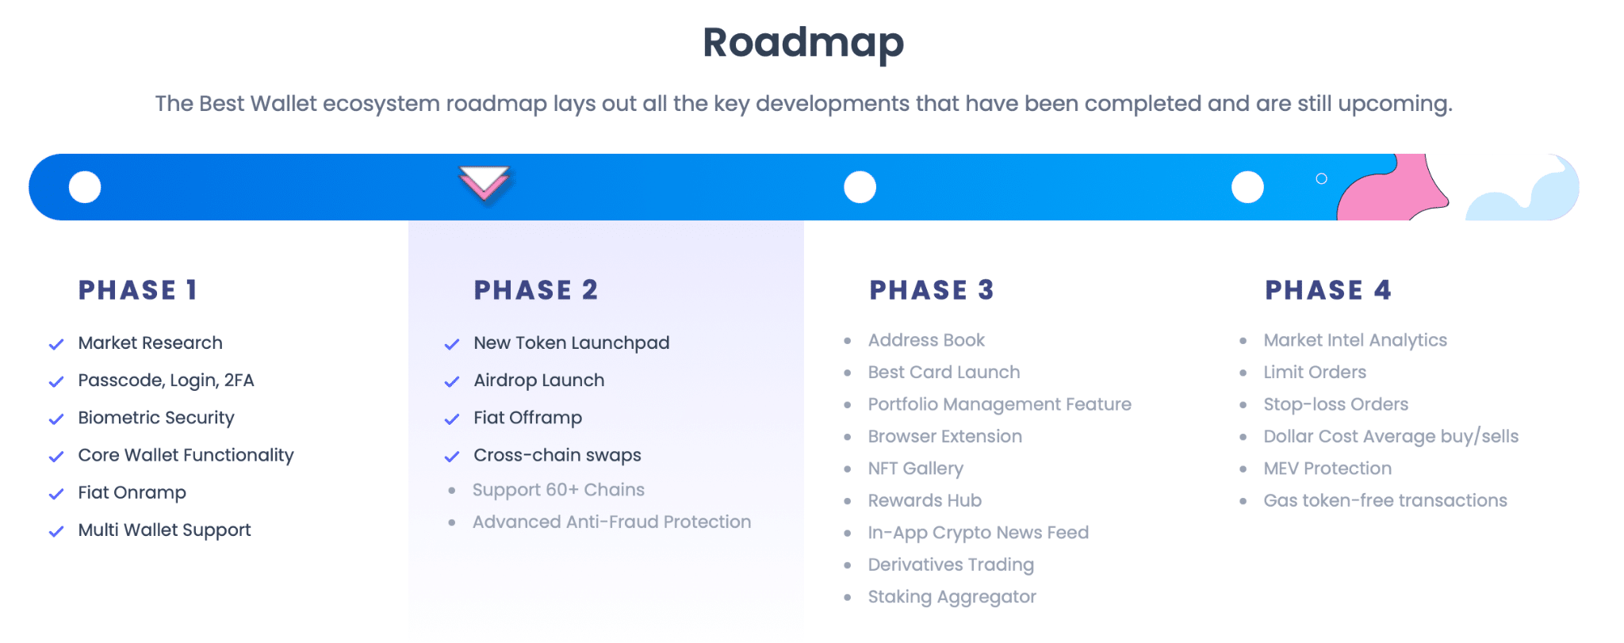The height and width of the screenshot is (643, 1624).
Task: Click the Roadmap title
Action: pos(803,43)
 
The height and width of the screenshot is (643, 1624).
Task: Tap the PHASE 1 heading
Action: pos(137,290)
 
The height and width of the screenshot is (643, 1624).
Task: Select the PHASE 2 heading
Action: pos(536,290)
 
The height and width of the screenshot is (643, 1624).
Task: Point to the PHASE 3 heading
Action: pos(932,290)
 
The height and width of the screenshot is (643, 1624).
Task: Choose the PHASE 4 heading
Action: pos(1328,290)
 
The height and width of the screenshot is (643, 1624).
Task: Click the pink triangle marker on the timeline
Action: pos(485,184)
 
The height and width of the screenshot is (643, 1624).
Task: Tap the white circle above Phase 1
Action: pos(85,187)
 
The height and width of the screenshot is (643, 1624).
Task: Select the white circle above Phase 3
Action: pos(860,187)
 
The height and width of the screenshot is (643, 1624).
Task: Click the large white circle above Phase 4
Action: pos(1247,187)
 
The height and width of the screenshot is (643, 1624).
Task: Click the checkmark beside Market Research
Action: pos(56,344)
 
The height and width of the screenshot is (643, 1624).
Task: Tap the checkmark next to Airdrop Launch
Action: pos(452,381)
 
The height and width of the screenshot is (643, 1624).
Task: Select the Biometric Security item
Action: pos(156,418)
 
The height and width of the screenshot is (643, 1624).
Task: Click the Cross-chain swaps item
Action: pos(557,455)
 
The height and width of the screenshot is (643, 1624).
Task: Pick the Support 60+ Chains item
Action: pos(558,490)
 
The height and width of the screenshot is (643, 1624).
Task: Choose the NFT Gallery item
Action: pos(916,469)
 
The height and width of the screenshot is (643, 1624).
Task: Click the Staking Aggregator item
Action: pos(952,597)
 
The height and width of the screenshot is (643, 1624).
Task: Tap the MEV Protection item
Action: pos(1327,469)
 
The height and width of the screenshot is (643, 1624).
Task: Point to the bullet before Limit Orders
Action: pos(1243,373)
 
